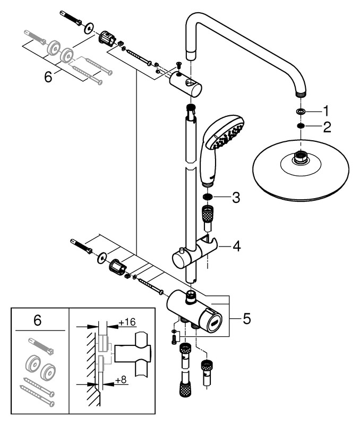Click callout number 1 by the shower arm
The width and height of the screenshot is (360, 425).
[326, 112]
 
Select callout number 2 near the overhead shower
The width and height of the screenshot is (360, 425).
[327, 127]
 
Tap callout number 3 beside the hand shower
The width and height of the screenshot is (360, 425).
[235, 198]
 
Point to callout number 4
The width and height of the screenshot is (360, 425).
[236, 246]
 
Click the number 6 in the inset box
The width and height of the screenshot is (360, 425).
[37, 320]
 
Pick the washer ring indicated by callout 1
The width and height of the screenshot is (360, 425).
[301, 112]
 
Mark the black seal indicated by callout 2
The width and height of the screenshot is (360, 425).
[301, 126]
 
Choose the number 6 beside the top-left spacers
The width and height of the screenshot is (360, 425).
[48, 78]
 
